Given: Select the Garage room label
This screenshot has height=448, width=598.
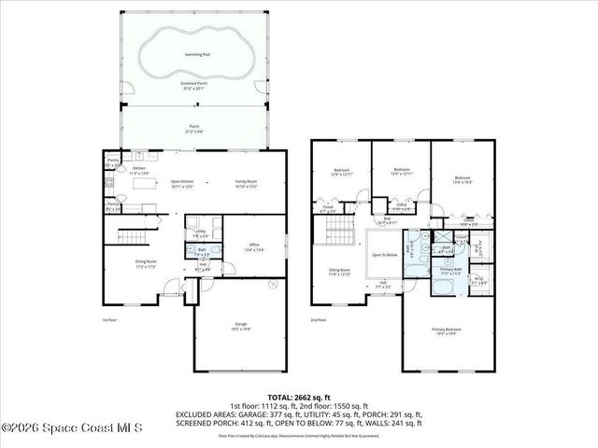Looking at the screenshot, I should (x=241, y=327).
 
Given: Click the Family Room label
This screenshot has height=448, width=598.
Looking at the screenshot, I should (x=245, y=184).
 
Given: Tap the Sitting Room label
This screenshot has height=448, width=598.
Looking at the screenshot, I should (x=338, y=272).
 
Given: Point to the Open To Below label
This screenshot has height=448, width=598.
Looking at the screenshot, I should (x=383, y=254).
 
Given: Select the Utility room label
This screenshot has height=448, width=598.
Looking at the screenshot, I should (x=200, y=232).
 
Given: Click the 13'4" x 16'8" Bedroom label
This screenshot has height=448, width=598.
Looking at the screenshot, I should (x=463, y=179).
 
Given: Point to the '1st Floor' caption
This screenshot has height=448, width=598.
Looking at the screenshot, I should (x=109, y=319).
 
